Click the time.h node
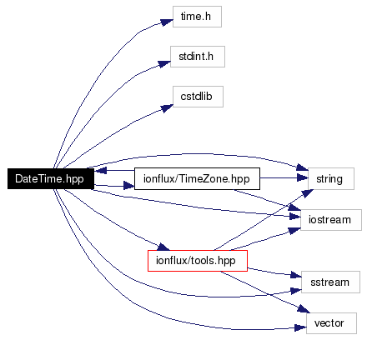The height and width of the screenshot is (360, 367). point(197,17)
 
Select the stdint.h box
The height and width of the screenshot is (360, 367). point(198,57)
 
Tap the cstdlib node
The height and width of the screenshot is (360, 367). point(198,97)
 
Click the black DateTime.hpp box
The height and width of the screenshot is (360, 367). point(51,178)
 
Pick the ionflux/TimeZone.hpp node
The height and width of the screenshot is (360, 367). point(197,178)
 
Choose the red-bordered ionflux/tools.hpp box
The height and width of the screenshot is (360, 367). point(198,261)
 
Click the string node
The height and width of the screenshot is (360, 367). point(331,178)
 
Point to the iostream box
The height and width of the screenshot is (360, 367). point(331,220)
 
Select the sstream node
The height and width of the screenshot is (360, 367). point(330,282)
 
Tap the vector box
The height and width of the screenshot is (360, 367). point(331,323)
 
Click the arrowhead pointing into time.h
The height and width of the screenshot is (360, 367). point(167,22)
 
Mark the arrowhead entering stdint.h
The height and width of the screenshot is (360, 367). point(164,63)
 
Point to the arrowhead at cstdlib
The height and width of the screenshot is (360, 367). point(167,107)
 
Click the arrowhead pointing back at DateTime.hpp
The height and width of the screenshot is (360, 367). point(100,170)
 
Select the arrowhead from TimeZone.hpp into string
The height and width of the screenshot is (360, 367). point(302,177)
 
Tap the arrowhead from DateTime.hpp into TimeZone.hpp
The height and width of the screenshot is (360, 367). point(128,186)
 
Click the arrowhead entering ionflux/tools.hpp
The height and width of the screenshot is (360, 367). point(163,247)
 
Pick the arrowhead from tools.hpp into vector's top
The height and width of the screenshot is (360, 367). point(304,309)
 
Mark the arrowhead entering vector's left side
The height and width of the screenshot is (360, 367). point(300,328)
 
